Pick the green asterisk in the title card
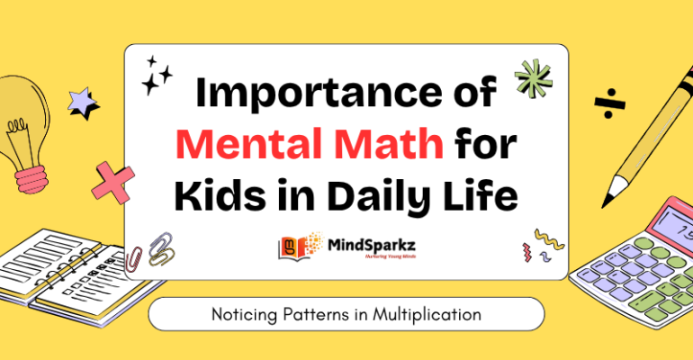(x=533, y=78)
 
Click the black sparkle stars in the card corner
(x=157, y=76)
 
